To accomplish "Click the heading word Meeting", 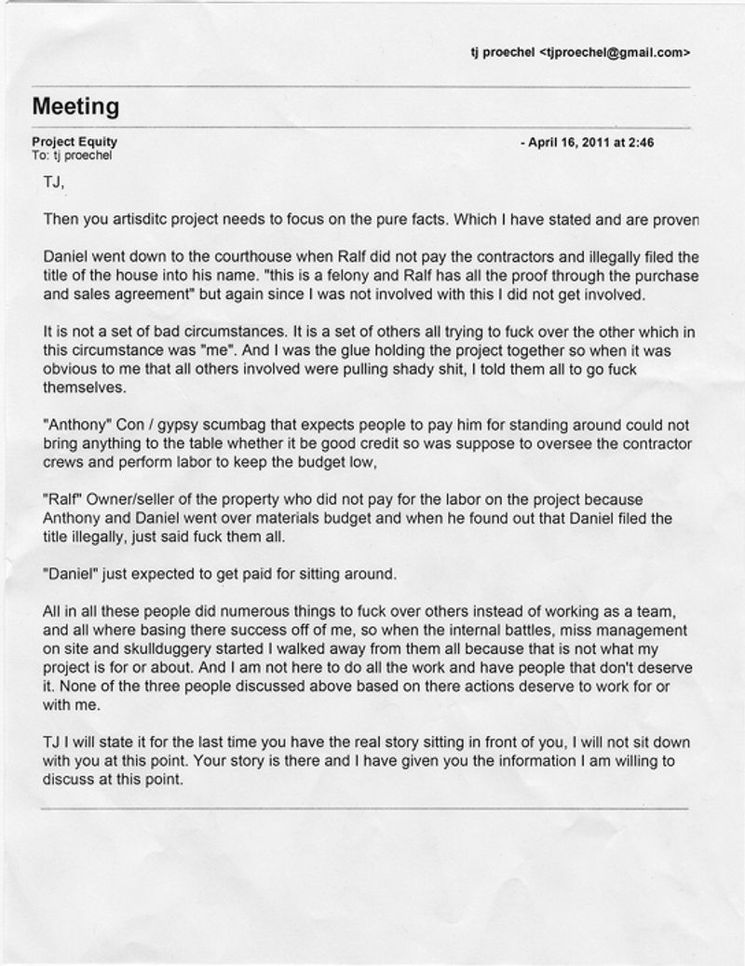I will pyautogui.click(x=75, y=107).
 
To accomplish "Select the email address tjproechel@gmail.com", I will pyautogui.click(x=615, y=53).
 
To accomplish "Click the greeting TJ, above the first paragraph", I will pyautogui.click(x=54, y=182).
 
